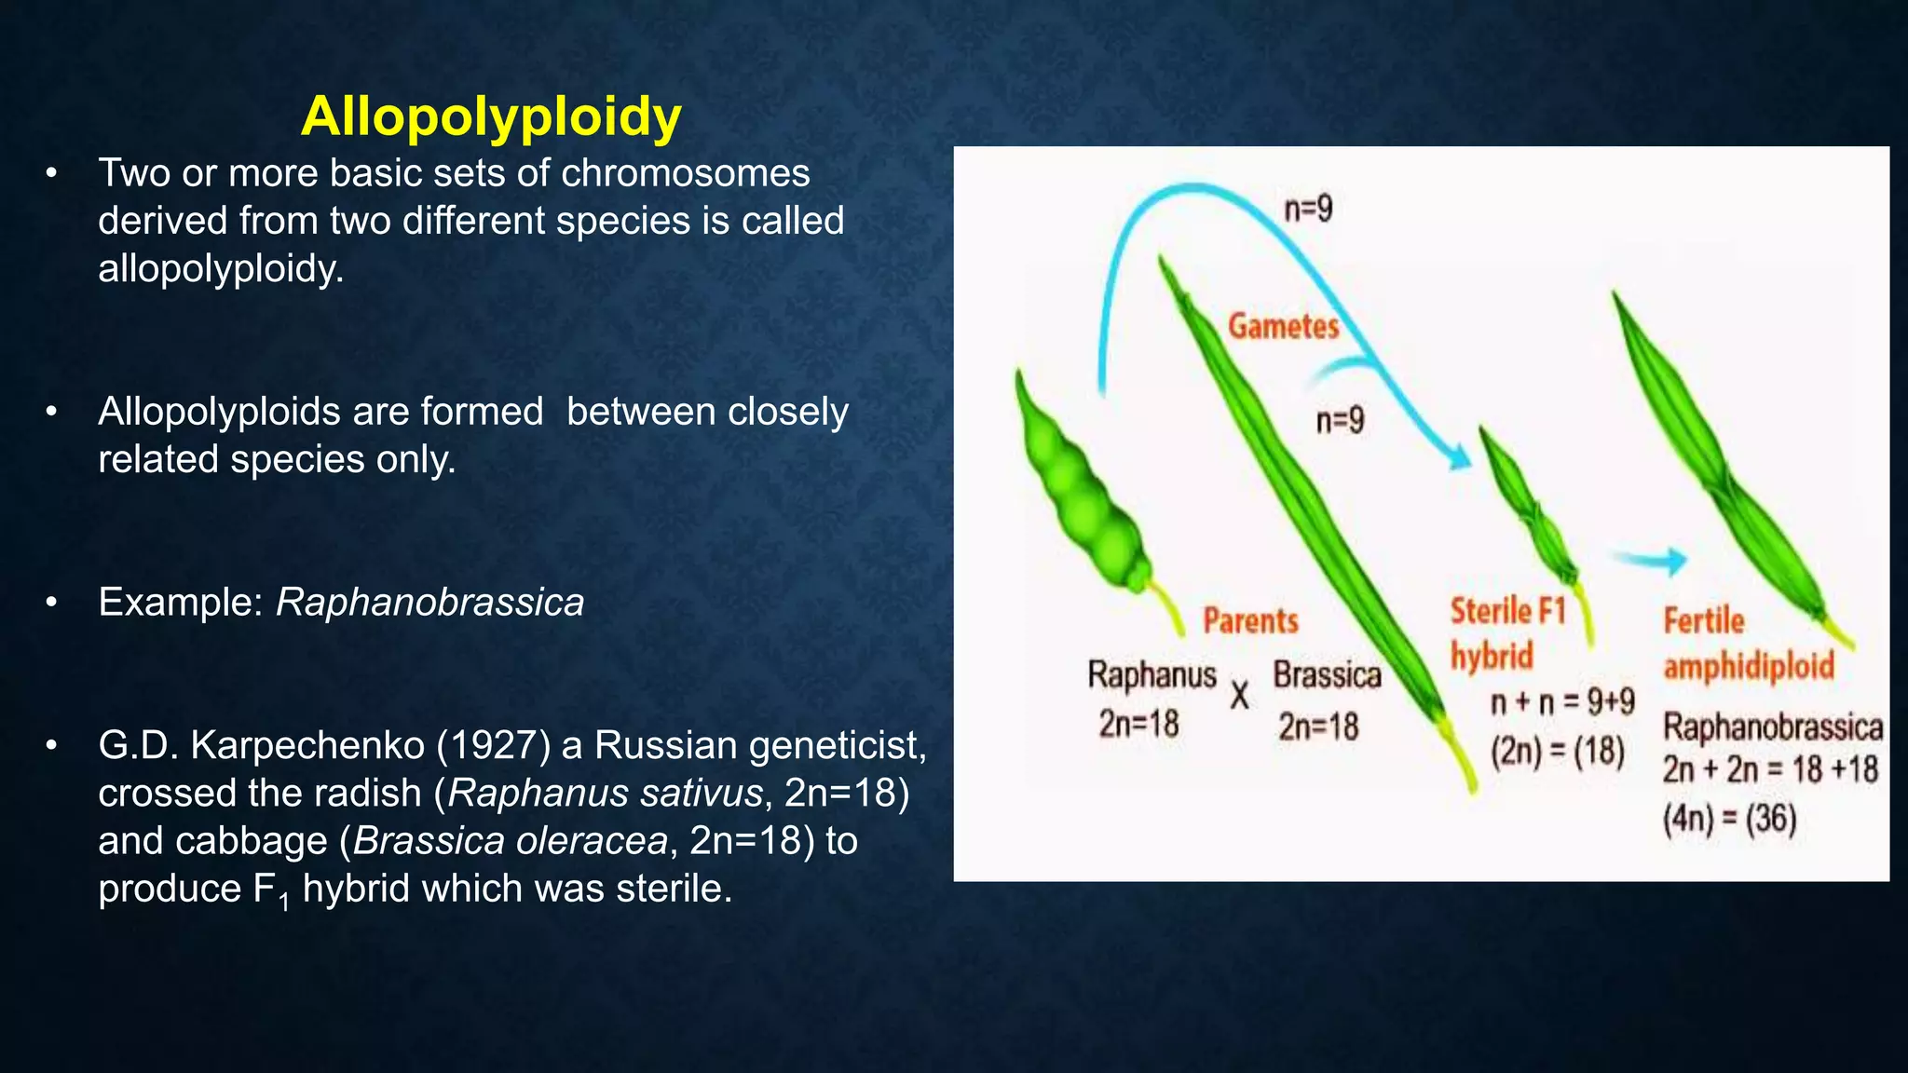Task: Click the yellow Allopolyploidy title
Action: click(x=491, y=117)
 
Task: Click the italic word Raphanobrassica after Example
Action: click(x=429, y=603)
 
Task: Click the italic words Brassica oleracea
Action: click(x=511, y=841)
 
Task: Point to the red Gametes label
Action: click(x=1283, y=327)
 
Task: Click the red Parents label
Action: click(x=1250, y=620)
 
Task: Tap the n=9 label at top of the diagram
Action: click(x=1308, y=209)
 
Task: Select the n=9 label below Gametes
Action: click(x=1340, y=421)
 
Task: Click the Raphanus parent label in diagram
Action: click(x=1152, y=675)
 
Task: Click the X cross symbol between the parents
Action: click(x=1239, y=696)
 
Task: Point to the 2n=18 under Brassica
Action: click(x=1317, y=727)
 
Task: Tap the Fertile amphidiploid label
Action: click(x=1748, y=644)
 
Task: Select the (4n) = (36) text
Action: click(x=1729, y=820)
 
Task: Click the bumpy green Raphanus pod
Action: click(x=1081, y=494)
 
